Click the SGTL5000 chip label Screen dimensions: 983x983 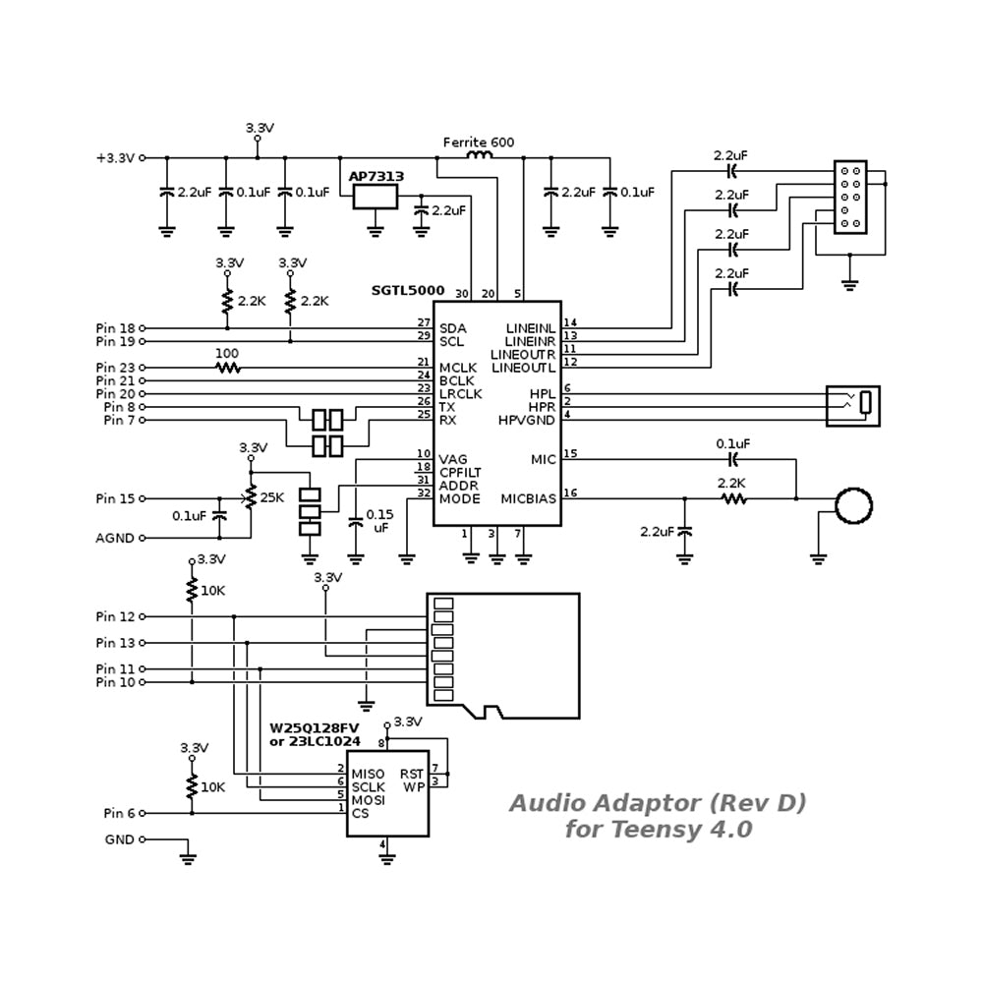click(x=407, y=291)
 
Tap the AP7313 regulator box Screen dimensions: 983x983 click(x=376, y=196)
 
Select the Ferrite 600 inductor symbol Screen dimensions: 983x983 click(x=478, y=156)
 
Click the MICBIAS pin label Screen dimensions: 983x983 click(x=528, y=498)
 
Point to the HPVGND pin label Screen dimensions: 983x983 click(x=528, y=420)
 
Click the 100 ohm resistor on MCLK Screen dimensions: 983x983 click(x=227, y=368)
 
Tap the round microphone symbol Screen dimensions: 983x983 click(x=853, y=505)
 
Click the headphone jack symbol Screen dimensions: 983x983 click(x=852, y=405)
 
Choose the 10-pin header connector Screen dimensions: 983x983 click(x=850, y=198)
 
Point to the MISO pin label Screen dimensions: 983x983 click(x=368, y=774)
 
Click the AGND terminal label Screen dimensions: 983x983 click(x=114, y=538)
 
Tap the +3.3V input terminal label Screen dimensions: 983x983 click(x=114, y=157)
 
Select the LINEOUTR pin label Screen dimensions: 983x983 click(x=523, y=354)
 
